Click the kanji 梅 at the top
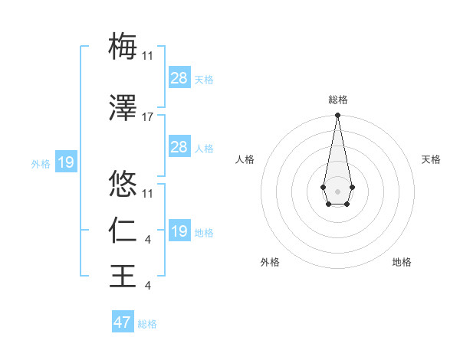coord(123,45)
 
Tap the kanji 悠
coord(123,183)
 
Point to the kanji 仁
coord(123,230)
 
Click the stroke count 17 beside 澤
coord(148,117)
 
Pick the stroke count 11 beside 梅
coord(148,56)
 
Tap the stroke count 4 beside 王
coord(148,286)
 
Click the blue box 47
coord(123,322)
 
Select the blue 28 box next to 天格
coord(179,78)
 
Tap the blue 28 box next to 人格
coord(179,147)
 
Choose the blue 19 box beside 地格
coord(179,231)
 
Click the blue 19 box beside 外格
coord(66,162)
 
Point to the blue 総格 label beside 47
coord(147,324)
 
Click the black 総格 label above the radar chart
coord(337,100)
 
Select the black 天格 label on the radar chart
coord(431,159)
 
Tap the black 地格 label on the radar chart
coord(402,262)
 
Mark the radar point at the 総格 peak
coord(337,116)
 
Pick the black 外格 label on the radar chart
coord(270,262)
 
